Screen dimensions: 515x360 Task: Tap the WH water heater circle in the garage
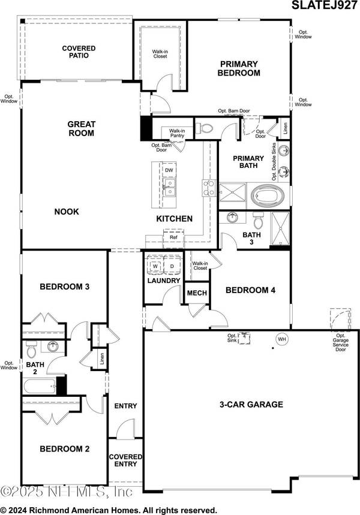coord(281,339)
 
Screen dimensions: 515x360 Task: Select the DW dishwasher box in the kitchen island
coord(170,171)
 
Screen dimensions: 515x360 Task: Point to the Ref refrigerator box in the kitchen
coord(173,237)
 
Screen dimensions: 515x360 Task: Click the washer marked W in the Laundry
coord(154,266)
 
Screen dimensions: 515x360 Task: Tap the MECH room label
coord(197,293)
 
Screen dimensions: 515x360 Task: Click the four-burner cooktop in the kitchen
coord(208,188)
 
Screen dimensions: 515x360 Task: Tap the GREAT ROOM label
coord(81,129)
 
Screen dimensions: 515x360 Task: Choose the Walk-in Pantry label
coord(177,134)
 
